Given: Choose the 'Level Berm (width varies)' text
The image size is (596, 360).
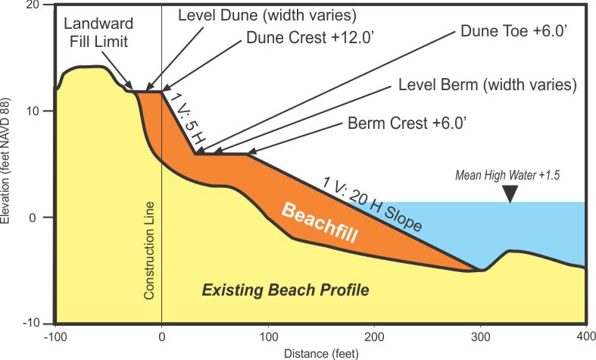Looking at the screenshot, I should (488, 83).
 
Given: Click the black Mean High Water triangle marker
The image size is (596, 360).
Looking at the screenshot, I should (511, 195).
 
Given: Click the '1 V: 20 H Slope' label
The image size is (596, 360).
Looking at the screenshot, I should (373, 204).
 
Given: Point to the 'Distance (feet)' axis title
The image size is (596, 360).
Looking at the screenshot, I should (320, 352).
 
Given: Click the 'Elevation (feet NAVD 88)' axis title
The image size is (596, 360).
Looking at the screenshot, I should (7, 164).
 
